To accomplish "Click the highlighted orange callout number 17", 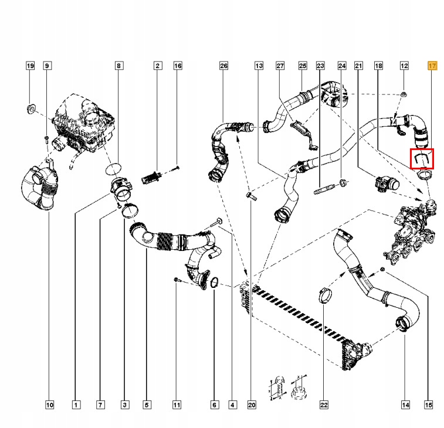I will click(x=432, y=66).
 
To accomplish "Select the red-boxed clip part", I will click(x=422, y=158).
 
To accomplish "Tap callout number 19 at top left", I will click(x=30, y=66).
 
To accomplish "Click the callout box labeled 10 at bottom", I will click(x=49, y=404).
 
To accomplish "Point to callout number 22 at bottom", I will click(x=323, y=404).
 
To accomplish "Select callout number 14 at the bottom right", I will click(x=405, y=404).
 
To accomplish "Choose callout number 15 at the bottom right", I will click(x=429, y=404).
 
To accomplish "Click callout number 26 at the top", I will click(x=223, y=66).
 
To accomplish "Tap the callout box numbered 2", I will click(x=157, y=66).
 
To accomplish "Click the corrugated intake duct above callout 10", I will click(x=38, y=188).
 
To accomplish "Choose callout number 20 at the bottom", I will click(x=252, y=404).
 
